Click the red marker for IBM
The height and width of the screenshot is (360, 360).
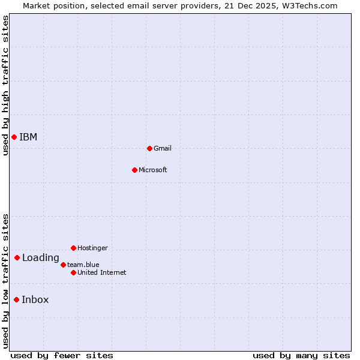point(14,137)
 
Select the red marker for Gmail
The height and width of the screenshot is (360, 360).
point(149,148)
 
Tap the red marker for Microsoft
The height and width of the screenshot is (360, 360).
point(134,170)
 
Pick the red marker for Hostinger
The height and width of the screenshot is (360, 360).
point(73,248)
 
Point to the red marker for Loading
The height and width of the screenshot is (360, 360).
point(17,258)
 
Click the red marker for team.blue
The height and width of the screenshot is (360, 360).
point(63,265)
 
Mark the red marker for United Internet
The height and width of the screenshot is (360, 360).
point(73,272)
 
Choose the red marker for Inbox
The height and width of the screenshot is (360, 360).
point(16,300)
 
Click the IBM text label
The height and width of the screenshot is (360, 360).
point(28,137)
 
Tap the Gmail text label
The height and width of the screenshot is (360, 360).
point(163,148)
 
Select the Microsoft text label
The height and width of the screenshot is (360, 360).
point(153,170)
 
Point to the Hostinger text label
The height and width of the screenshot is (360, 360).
point(92,248)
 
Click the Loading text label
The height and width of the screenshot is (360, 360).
point(41,258)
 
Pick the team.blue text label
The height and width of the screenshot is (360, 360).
point(83,265)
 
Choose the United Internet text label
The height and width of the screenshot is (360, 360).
point(102,272)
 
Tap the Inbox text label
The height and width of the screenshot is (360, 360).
point(35,300)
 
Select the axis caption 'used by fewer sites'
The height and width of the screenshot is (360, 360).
point(62,355)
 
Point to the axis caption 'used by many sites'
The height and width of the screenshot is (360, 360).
point(301,355)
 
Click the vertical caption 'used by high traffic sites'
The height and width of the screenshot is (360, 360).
point(5,85)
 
